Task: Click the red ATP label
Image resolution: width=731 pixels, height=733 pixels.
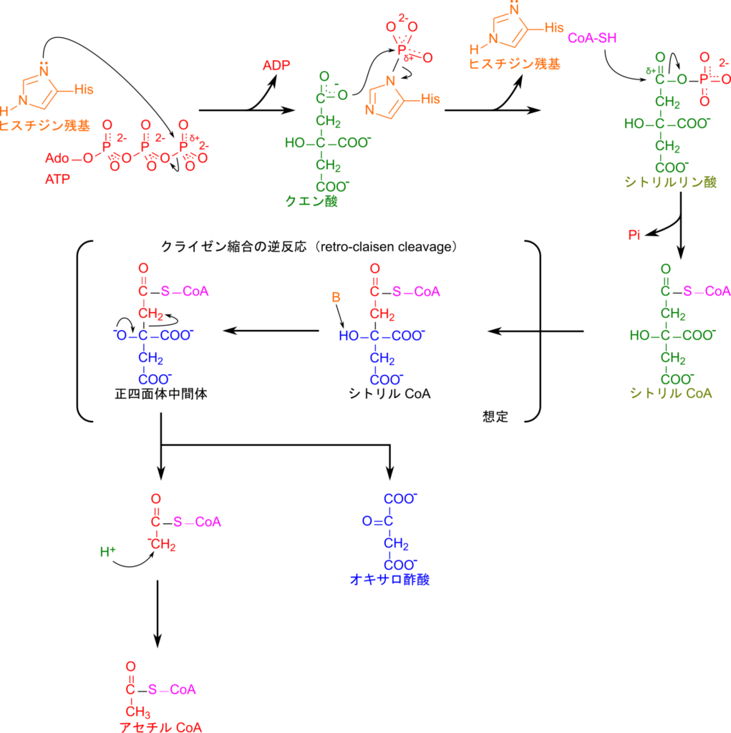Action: pos(57,180)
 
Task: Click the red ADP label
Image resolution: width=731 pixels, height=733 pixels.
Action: pos(276,66)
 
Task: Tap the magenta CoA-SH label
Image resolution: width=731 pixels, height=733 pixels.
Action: pos(592,38)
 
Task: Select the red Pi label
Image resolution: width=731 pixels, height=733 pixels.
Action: pos(634,235)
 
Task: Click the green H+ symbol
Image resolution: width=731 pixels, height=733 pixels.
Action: pos(108,551)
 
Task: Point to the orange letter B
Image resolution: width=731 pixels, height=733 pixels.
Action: pos(335,297)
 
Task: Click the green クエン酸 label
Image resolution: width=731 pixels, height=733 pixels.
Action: pos(311,202)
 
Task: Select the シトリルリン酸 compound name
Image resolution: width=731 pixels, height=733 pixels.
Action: pos(670,183)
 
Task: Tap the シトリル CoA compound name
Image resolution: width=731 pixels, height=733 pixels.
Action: pos(671,393)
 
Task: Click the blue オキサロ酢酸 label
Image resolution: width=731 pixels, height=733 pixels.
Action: pos(389,580)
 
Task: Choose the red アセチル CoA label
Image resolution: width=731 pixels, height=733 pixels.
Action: pos(161,727)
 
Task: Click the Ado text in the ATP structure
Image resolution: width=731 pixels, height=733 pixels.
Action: pos(57,158)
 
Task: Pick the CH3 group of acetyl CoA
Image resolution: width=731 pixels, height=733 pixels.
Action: pos(137,712)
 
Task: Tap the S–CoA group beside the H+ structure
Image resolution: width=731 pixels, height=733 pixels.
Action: pos(197,522)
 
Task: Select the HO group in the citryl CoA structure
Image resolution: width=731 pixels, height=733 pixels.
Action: pos(639,335)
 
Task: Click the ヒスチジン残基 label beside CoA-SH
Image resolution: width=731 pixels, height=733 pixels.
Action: pos(514,64)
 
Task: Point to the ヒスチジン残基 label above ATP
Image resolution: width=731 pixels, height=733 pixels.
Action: pos(44,125)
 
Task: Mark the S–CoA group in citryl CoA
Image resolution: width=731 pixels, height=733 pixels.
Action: pos(706,291)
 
